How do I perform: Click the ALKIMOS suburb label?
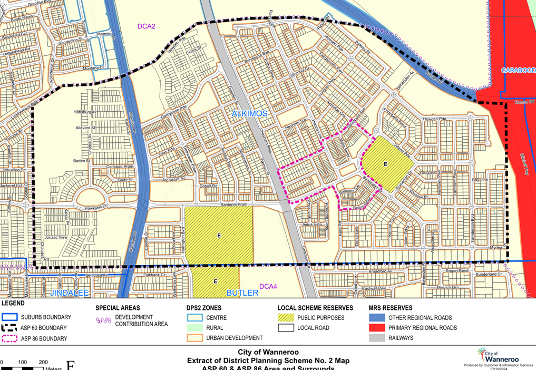pos(250,114)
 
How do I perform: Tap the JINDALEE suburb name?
pos(71,293)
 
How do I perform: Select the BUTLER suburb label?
pos(242,293)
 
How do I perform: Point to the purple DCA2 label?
pos(147,26)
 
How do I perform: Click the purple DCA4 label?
pos(268,286)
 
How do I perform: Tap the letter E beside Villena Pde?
pos(385,164)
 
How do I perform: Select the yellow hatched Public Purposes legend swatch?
pos(285,318)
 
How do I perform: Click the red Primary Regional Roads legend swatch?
pos(377,328)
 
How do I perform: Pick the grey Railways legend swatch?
pos(377,338)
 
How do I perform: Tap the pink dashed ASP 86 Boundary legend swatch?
pos(10,338)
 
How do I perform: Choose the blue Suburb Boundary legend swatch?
pos(10,317)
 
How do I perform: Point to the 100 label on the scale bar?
pos(22,363)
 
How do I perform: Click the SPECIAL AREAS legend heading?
pos(118,308)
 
